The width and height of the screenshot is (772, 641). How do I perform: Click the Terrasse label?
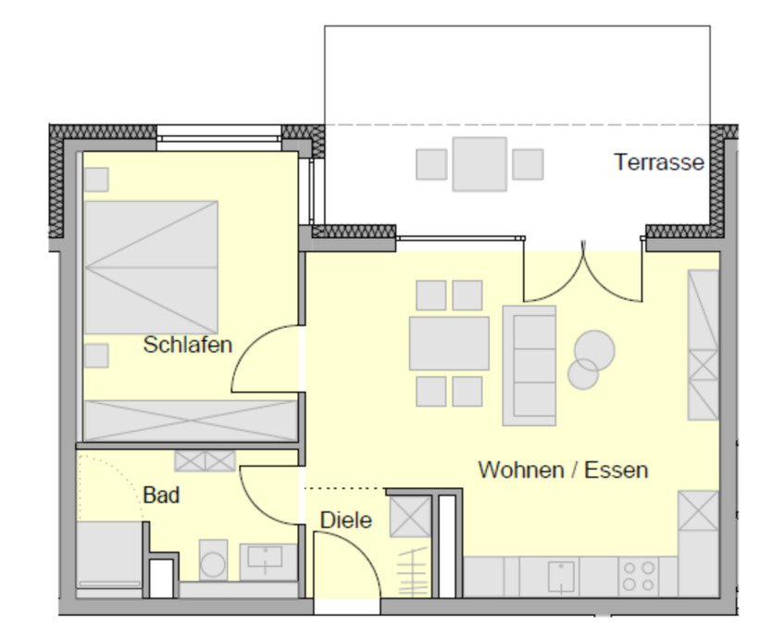coord(658,163)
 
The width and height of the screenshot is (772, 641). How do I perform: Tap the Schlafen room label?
coord(187,346)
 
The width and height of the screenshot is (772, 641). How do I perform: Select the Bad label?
coord(161,496)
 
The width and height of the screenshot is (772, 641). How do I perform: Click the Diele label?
coord(346,521)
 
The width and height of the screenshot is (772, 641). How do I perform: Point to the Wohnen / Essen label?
coord(563,470)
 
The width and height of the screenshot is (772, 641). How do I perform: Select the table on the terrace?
coord(479,164)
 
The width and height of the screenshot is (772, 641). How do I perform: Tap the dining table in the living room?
coord(449,344)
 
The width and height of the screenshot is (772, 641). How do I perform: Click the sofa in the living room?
coord(529,365)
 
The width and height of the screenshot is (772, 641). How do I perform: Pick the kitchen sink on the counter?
coord(561,576)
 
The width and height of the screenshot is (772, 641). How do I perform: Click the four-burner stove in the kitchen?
coord(638,576)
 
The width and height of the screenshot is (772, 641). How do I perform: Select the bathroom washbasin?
coord(268,560)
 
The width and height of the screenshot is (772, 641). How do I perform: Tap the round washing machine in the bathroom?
coord(214,562)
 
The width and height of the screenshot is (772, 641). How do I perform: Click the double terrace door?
coord(583,273)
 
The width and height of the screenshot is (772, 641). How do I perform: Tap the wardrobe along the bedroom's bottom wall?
coord(191,420)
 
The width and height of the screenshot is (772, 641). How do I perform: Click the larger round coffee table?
coord(594,349)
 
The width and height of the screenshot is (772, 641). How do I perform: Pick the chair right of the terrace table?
coord(528,164)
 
